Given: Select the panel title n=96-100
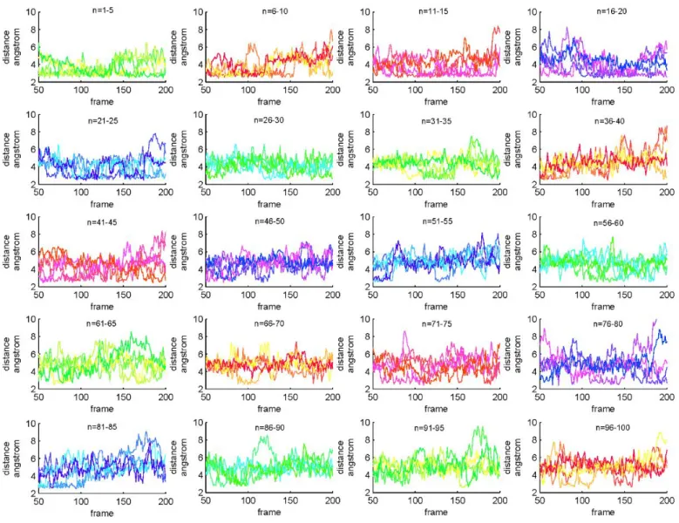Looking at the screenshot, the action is [613, 428].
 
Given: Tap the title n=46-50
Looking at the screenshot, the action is [270, 221].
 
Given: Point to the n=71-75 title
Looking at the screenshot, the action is [437, 324].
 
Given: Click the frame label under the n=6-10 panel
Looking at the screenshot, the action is [269, 102].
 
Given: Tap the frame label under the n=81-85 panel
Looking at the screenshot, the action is [102, 513].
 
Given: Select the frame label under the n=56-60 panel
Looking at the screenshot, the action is [603, 307].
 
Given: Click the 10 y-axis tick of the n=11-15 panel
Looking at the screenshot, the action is [365, 11].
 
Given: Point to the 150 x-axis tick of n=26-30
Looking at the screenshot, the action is [290, 193].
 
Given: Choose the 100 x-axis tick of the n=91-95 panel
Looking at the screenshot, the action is [415, 501].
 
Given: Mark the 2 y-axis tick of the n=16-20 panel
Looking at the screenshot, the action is [534, 82].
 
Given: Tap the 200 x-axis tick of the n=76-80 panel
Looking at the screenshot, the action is [667, 397].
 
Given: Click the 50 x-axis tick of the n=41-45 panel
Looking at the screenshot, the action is [38, 295].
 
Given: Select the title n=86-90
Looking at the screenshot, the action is [270, 428].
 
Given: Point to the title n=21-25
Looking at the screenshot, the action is [103, 121].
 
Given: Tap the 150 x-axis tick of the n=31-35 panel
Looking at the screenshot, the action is [458, 193].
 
